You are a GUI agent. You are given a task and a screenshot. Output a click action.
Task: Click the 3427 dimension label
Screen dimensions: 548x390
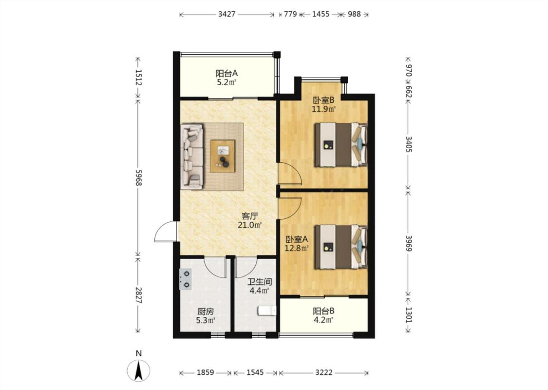coord(227,14)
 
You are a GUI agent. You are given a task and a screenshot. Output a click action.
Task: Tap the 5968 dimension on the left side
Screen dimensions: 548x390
coord(139,178)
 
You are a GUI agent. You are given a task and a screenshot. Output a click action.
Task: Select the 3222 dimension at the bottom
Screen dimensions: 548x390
coord(323,372)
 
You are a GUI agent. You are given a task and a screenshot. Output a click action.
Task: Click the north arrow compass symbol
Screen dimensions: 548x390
coord(139,370)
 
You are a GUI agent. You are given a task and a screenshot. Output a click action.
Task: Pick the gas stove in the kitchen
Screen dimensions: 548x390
coord(185,279)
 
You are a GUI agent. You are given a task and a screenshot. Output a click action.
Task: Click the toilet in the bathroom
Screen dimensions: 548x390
coord(267,311)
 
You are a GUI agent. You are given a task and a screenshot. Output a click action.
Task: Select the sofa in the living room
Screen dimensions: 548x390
coord(192,156)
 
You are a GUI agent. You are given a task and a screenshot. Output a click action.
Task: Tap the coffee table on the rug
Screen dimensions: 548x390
coord(223,156)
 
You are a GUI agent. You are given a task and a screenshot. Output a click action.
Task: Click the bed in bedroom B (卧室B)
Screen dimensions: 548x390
coord(341,144)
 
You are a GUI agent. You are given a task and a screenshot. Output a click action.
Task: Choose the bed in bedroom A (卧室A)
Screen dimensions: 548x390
coord(341,247)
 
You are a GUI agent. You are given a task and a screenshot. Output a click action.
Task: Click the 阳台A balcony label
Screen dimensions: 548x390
coord(227,74)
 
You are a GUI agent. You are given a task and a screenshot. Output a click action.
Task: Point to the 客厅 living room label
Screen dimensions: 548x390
coord(250,216)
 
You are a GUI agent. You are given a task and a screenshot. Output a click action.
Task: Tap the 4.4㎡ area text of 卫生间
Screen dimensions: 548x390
coord(259,291)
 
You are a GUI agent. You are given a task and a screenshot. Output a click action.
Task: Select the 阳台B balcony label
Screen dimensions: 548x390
coord(323,311)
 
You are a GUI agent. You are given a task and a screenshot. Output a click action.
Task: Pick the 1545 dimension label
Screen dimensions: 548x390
coord(255,372)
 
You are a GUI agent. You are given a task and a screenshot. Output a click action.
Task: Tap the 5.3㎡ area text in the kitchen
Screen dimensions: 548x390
coord(205,320)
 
